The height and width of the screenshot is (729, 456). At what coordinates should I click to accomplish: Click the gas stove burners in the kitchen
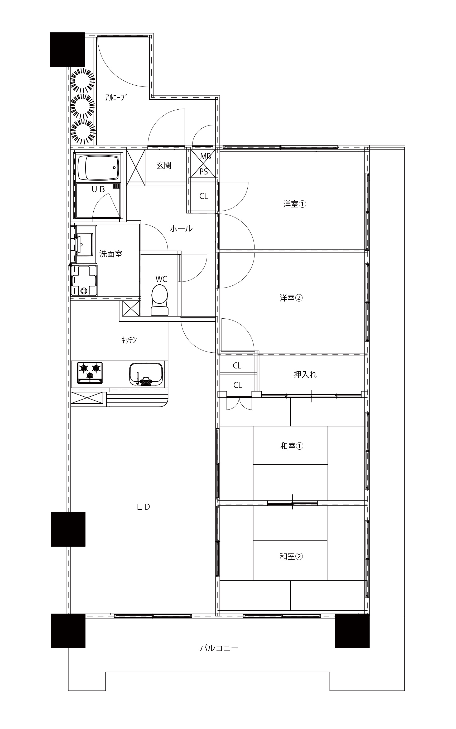tap(90, 372)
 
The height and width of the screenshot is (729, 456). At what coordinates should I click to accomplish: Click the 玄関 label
tap(164, 165)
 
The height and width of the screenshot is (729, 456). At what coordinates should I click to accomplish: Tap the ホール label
tap(181, 229)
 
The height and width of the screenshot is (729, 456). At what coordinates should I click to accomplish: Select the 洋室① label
tap(295, 204)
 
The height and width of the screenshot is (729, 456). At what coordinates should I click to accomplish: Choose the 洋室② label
tap(291, 298)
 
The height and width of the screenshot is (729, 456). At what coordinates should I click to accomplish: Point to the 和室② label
tap(291, 556)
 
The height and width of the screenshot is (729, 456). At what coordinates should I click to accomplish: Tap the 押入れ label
tap(305, 375)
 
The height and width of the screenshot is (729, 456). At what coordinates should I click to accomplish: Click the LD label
tap(143, 507)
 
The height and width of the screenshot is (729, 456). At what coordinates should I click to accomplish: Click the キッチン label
tap(129, 340)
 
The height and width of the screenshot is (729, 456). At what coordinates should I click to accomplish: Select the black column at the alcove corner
tap(67, 50)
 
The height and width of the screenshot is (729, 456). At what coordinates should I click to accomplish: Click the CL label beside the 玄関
tap(204, 196)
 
